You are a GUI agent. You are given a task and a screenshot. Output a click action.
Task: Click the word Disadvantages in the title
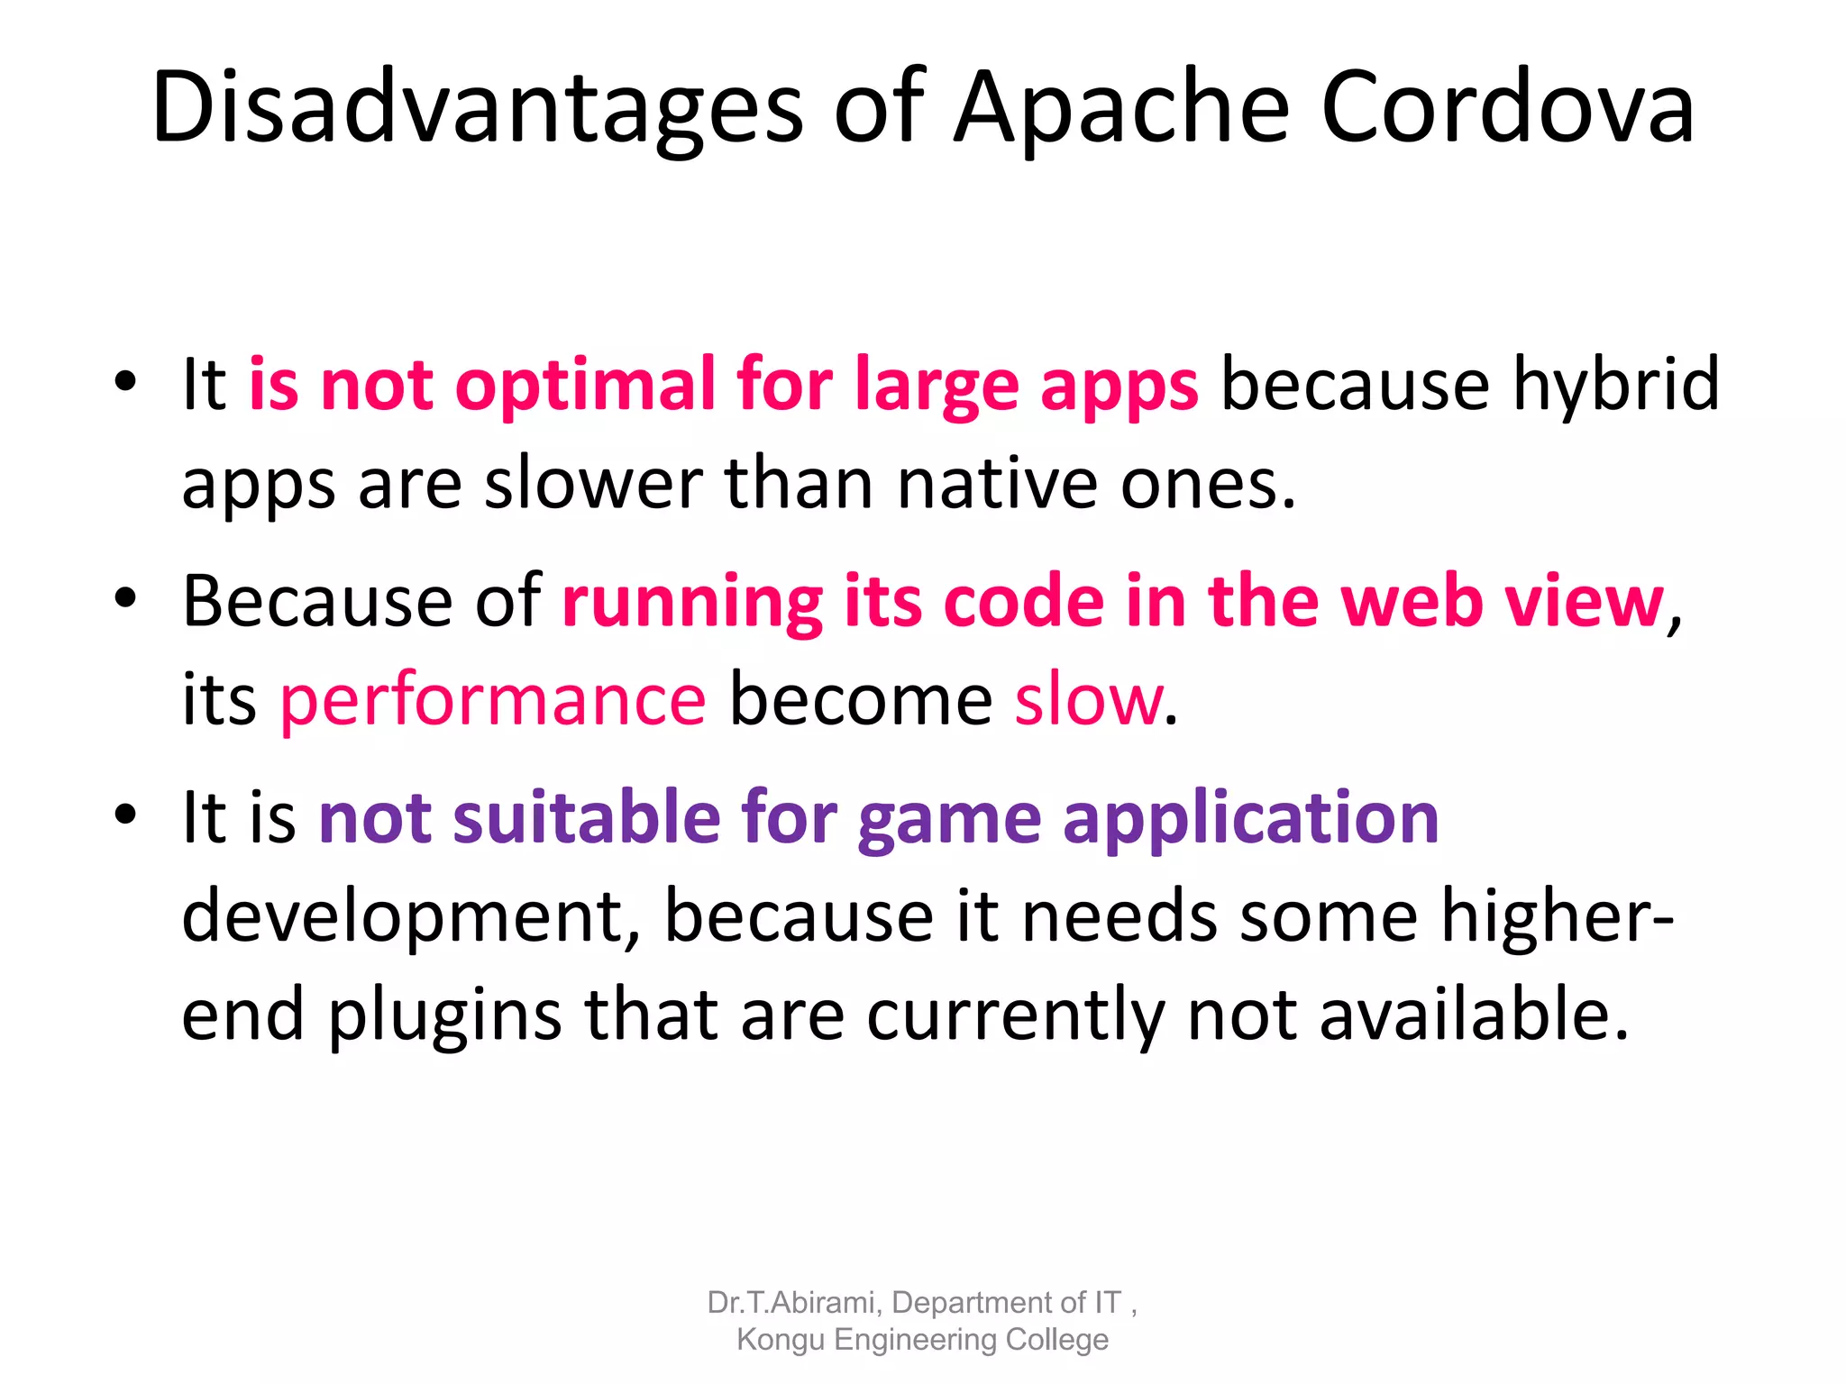(477, 108)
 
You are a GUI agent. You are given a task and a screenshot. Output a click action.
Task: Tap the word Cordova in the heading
(1507, 108)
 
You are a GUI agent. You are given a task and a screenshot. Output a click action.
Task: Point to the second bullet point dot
(125, 597)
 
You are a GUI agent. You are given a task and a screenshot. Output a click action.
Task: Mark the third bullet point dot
(125, 814)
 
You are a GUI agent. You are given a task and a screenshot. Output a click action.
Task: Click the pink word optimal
(584, 386)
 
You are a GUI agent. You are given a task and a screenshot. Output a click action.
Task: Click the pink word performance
(493, 701)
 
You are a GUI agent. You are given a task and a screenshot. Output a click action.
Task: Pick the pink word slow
(1088, 699)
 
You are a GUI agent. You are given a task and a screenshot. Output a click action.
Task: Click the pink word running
(692, 602)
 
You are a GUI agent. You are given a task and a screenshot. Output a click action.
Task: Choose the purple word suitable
(586, 818)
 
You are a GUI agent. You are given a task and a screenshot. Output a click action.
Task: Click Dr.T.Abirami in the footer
(790, 1303)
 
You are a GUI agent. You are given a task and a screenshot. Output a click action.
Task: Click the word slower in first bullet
(592, 484)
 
